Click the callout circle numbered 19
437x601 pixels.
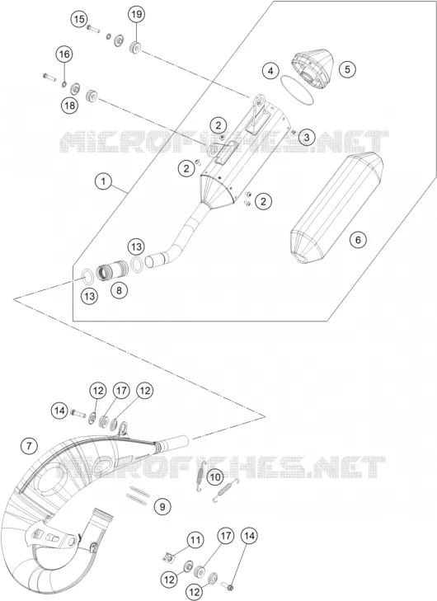coord(137,15)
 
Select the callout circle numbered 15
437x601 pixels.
coord(79,19)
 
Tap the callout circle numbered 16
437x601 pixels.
coord(64,54)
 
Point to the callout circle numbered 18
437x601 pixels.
coord(70,105)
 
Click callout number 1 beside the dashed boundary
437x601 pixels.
coord(103,181)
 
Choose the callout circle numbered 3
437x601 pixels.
coord(306,137)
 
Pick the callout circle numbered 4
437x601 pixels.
coord(270,71)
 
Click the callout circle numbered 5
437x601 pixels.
coord(347,69)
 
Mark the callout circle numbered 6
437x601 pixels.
coord(358,240)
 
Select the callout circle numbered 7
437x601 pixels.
coord(29,446)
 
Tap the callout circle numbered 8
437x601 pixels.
coord(119,290)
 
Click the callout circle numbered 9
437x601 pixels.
coord(162,507)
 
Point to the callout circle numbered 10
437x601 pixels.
coord(215,477)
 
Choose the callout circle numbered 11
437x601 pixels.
coord(195,541)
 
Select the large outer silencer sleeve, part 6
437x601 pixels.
coord(336,209)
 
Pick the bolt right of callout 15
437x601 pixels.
coord(93,28)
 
